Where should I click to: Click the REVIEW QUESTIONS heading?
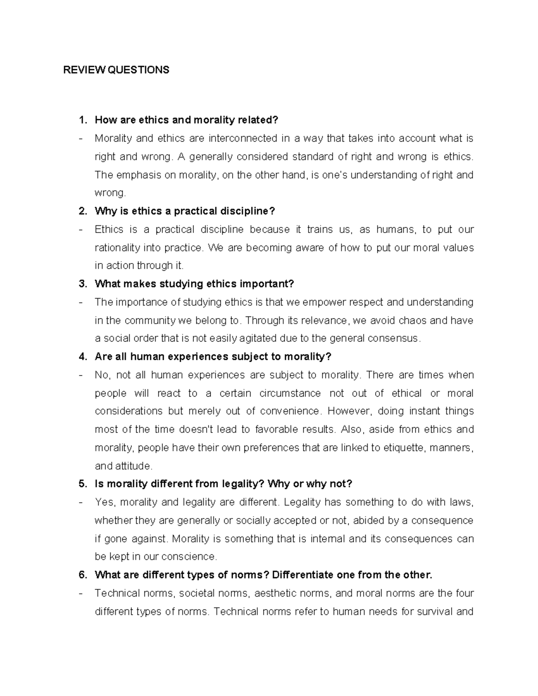pos(116,70)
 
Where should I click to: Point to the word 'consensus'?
pos(393,338)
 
